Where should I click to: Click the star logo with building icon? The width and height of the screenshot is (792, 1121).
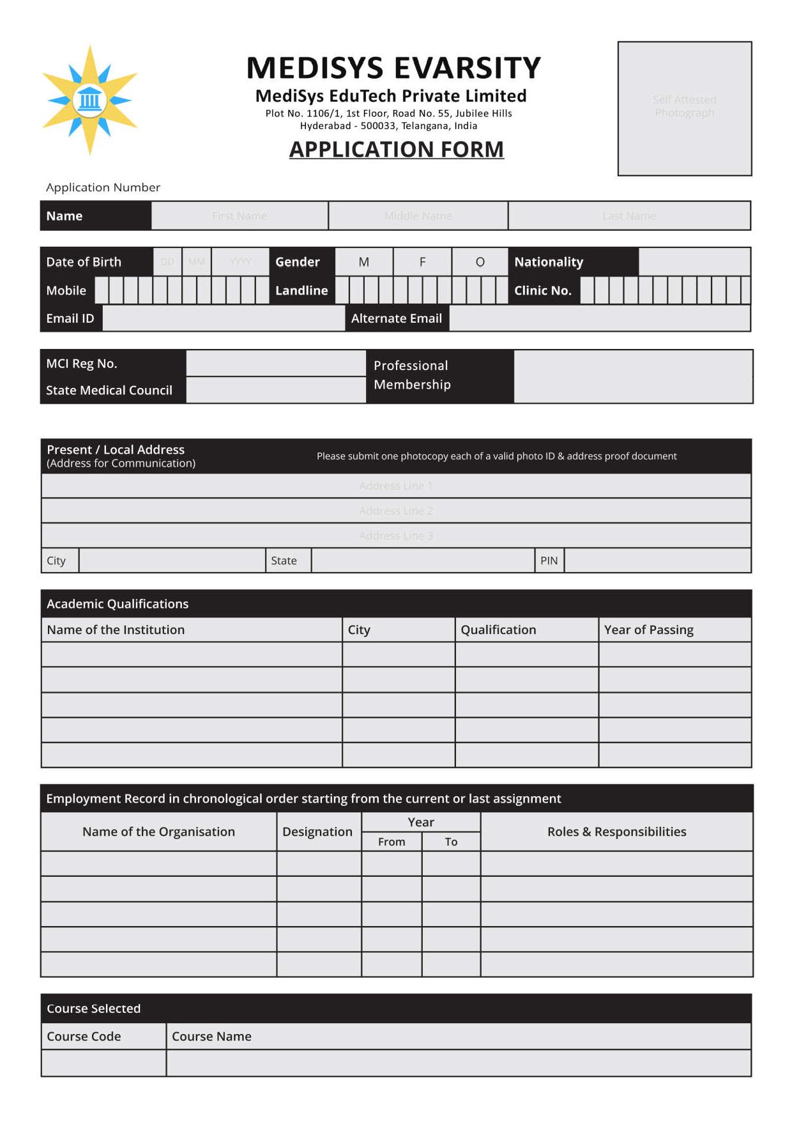89,100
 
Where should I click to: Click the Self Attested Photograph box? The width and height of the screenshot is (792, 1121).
684,108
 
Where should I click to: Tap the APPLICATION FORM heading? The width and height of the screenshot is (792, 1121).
396,150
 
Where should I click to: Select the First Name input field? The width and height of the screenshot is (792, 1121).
240,216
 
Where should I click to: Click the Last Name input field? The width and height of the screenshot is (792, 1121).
628,216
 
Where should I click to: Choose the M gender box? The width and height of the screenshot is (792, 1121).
363,262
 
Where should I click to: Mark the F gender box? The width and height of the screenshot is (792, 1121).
422,262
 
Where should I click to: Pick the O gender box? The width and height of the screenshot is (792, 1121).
480,262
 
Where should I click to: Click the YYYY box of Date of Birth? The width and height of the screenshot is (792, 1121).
240,262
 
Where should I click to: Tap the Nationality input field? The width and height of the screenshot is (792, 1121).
694,262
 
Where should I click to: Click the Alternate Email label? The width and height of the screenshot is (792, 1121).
396,318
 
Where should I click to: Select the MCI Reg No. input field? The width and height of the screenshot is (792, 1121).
275,364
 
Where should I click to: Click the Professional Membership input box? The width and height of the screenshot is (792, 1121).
632,376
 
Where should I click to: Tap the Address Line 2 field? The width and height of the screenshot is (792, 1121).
396,511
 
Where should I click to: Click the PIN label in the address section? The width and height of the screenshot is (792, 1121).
549,560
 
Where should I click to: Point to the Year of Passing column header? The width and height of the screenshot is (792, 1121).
648,630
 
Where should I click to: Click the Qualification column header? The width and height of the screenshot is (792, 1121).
498,630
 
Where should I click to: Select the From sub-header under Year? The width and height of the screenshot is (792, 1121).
391,842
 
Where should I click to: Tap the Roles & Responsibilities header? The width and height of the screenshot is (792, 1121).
616,831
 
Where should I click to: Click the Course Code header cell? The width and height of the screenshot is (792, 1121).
84,1036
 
